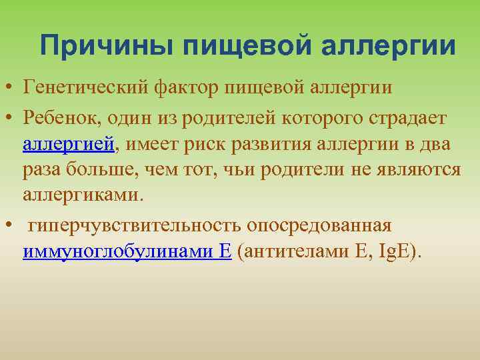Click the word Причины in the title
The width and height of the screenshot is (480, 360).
(x=106, y=46)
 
